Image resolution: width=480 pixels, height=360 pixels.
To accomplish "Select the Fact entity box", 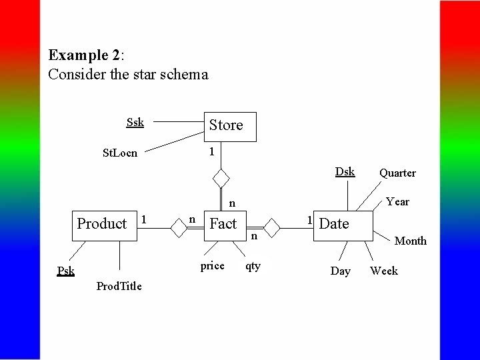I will [x=223, y=224].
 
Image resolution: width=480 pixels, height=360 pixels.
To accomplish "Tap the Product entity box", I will [x=104, y=224].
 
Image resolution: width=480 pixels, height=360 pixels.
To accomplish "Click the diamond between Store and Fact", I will [x=221, y=179].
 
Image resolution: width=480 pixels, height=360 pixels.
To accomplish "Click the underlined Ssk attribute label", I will [x=135, y=122].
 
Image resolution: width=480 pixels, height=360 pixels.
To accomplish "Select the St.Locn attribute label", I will [x=120, y=153].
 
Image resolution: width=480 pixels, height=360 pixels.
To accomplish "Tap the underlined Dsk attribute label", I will [x=345, y=171].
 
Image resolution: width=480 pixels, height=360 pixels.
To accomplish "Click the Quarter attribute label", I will [x=397, y=173].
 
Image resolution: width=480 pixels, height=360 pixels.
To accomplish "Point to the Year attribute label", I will [x=397, y=201].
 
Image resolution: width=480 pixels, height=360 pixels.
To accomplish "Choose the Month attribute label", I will [x=411, y=241].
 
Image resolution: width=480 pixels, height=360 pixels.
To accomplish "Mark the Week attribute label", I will [x=384, y=271].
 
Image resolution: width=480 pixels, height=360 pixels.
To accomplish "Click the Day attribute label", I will [x=341, y=271].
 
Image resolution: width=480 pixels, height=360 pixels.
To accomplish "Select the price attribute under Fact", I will [x=212, y=265].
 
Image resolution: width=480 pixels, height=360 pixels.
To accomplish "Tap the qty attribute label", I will [x=253, y=265].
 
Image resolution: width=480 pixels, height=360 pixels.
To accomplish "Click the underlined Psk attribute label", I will [x=65, y=271].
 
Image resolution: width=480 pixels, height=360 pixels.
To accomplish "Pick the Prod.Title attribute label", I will [x=119, y=286].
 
